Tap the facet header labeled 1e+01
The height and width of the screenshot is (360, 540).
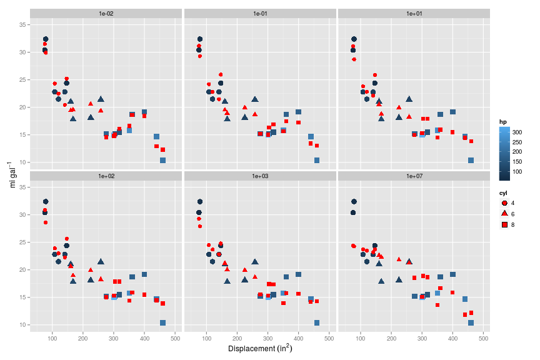coord(414,13)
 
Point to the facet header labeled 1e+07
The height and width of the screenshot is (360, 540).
coord(414,176)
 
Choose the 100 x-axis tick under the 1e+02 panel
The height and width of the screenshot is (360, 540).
coord(52,338)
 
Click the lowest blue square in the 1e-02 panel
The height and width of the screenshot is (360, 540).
coord(162,161)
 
